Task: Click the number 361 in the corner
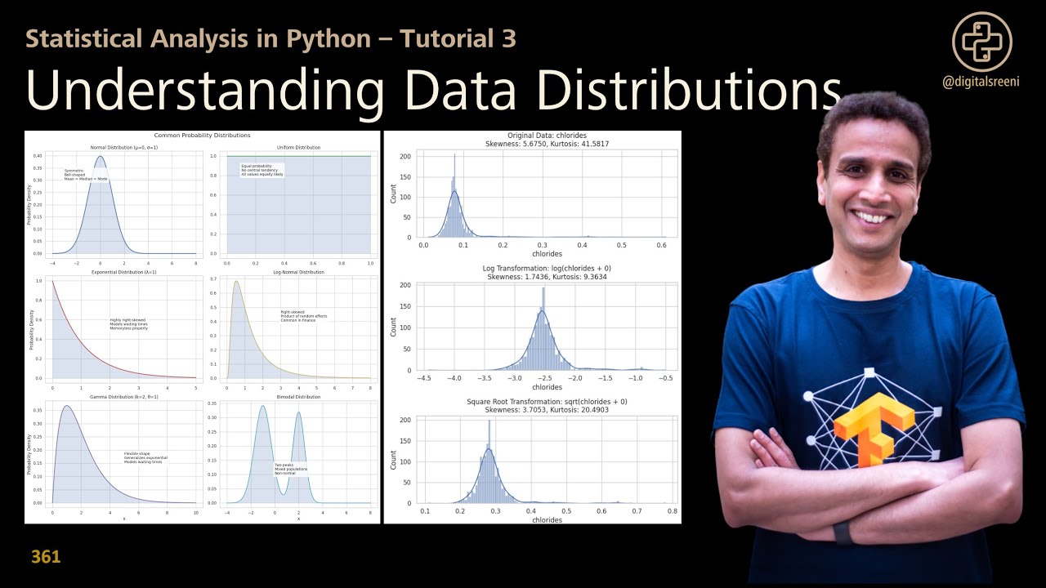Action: tap(46, 558)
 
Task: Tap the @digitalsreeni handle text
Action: tap(981, 82)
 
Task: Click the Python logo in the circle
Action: tap(981, 41)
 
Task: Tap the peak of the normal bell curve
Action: tap(101, 157)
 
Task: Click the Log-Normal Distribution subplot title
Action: tap(298, 272)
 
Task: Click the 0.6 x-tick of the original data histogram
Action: tap(661, 245)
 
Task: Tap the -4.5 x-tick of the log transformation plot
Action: tap(424, 378)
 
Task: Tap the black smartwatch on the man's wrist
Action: tap(843, 532)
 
